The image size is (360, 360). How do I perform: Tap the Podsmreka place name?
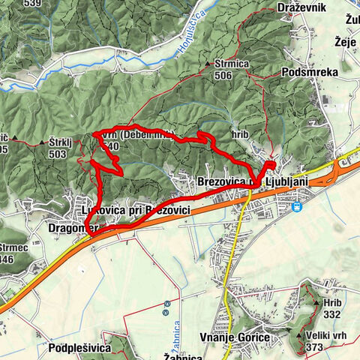310,71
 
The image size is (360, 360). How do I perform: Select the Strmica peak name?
230,64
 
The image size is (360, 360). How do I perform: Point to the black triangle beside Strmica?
208,65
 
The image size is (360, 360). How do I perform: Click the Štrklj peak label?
61,141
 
